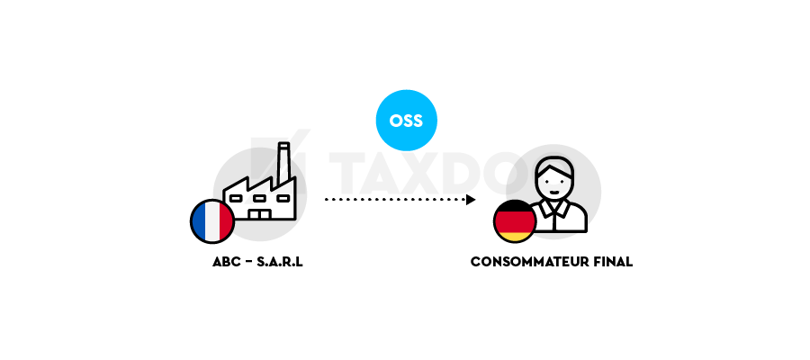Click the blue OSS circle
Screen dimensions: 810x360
(x=406, y=121)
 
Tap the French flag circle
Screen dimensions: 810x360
(x=212, y=221)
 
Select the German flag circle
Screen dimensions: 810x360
(x=515, y=221)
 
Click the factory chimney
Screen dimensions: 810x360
(x=283, y=162)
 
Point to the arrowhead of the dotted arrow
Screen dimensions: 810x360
(x=471, y=200)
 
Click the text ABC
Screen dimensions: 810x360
(x=226, y=262)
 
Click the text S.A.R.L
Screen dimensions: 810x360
(x=280, y=262)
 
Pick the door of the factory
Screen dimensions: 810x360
(x=259, y=214)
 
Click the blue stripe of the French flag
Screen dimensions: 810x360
(x=198, y=221)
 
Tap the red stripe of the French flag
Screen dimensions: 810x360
(x=227, y=221)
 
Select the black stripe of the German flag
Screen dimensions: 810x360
(x=515, y=206)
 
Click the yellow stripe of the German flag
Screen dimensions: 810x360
(x=515, y=237)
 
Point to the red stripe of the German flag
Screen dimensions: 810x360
(x=515, y=222)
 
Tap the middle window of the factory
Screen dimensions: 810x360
(x=259, y=198)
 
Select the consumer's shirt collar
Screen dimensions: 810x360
(x=553, y=209)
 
